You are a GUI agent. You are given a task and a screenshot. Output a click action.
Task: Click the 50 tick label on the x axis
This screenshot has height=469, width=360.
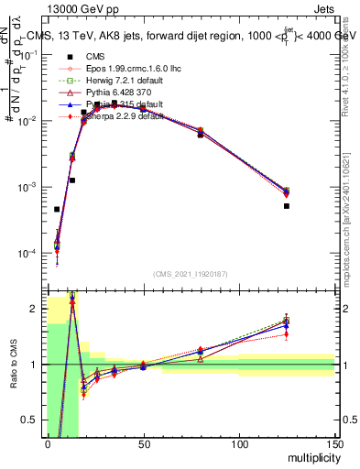click(143, 444)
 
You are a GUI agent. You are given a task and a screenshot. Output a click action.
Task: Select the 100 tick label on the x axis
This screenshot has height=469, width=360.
click(239, 444)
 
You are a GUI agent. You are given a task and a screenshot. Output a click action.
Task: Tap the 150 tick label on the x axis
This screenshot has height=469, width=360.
click(334, 444)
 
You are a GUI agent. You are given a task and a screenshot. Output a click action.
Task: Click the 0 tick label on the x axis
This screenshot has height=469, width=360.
click(48, 444)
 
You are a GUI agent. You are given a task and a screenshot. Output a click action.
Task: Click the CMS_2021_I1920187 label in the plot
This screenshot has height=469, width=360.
click(190, 274)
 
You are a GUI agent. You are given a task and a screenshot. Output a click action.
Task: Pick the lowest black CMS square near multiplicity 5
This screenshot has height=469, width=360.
click(57, 210)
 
